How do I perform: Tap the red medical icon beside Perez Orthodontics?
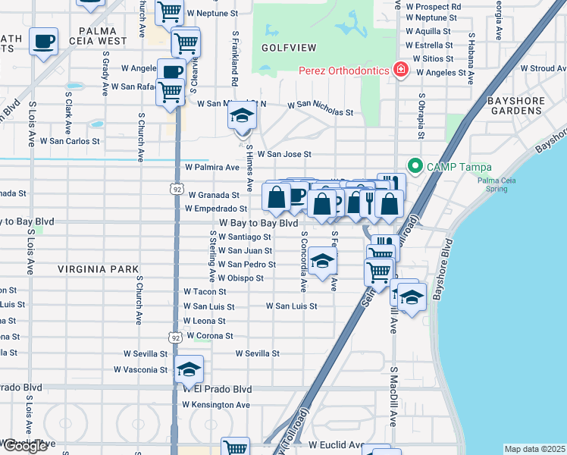pyautogui.click(x=400, y=71)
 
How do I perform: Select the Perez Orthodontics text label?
pyautogui.click(x=343, y=71)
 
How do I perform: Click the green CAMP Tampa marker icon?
pyautogui.click(x=415, y=166)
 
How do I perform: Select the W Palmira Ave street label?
pyautogui.click(x=212, y=167)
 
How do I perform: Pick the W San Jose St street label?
pyautogui.click(x=284, y=154)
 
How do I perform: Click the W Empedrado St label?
pyautogui.click(x=217, y=209)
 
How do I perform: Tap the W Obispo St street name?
pyautogui.click(x=240, y=278)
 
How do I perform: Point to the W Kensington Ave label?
pyautogui.click(x=216, y=405)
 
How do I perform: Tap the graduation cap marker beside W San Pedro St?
pyautogui.click(x=322, y=262)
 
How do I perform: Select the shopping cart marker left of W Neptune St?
pyautogui.click(x=169, y=11)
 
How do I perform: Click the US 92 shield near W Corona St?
pyautogui.click(x=176, y=337)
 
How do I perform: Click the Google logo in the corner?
pyautogui.click(x=24, y=446)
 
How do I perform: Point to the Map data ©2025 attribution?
pyautogui.click(x=535, y=449)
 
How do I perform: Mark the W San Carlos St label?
pyautogui.click(x=70, y=141)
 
